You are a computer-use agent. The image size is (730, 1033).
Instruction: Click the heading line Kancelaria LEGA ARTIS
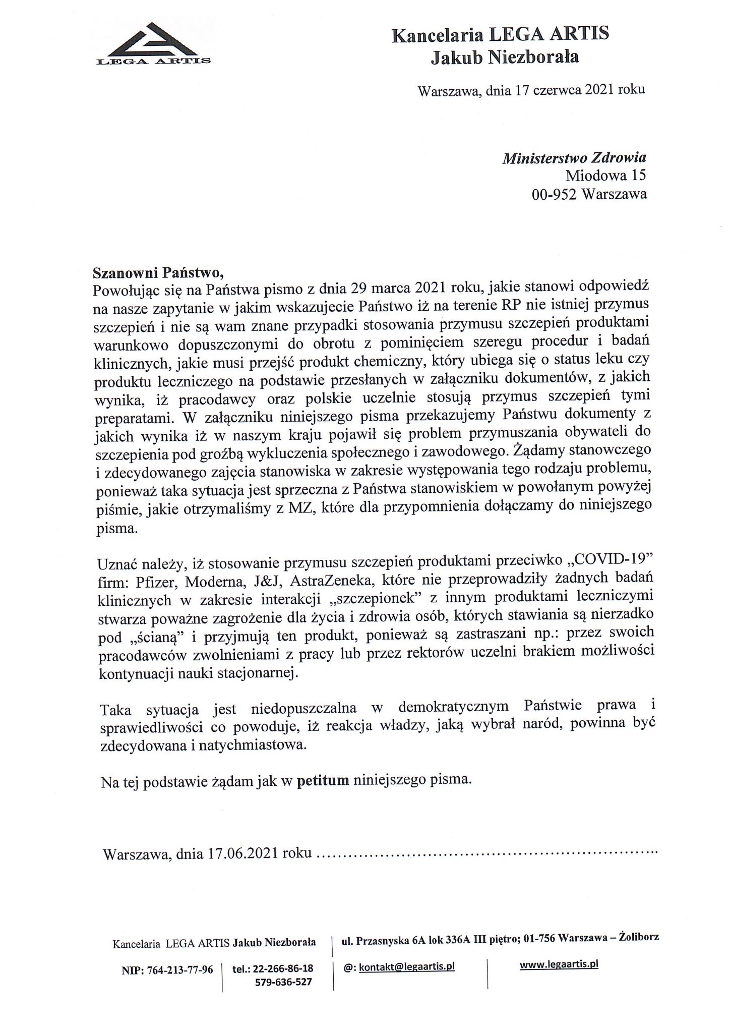click(x=500, y=35)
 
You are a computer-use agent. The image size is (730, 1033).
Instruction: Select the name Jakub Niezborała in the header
click(x=505, y=58)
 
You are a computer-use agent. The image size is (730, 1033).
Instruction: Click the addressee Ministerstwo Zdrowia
click(x=574, y=158)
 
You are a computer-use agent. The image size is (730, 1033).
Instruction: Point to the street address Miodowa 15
click(x=605, y=176)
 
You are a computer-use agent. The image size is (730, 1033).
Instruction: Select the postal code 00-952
click(x=555, y=194)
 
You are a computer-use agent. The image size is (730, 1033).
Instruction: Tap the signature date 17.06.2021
click(x=244, y=853)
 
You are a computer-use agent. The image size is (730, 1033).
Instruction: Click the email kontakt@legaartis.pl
click(x=406, y=966)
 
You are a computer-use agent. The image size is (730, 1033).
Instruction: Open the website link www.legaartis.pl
click(x=559, y=964)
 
